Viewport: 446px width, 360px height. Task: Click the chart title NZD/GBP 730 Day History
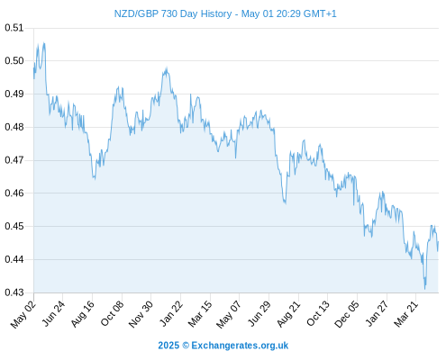click(x=173, y=13)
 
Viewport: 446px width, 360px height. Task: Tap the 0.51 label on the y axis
click(x=14, y=28)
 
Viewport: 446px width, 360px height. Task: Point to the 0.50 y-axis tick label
click(x=14, y=61)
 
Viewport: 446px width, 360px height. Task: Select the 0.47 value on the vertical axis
click(x=14, y=160)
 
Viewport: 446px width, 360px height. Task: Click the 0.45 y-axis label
click(x=14, y=226)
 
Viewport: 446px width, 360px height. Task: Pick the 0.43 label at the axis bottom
click(x=14, y=292)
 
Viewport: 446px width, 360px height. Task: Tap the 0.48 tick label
click(x=14, y=127)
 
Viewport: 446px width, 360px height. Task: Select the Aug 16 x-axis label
click(x=83, y=314)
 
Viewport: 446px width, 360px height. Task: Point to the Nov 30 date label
click(x=141, y=314)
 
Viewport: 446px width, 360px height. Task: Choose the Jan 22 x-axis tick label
click(x=170, y=314)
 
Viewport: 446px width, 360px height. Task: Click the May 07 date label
click(x=229, y=314)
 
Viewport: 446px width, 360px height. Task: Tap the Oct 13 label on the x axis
click(x=318, y=314)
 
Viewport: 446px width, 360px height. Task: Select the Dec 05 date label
click(x=347, y=314)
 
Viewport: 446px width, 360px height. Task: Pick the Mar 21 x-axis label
click(x=405, y=314)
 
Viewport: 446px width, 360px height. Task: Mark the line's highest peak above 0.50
click(x=44, y=43)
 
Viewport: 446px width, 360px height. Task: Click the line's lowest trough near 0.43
click(x=425, y=289)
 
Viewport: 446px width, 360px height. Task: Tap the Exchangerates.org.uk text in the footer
click(x=240, y=346)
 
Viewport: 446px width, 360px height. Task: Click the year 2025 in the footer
click(x=168, y=346)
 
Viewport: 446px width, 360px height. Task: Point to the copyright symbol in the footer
click(x=186, y=346)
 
